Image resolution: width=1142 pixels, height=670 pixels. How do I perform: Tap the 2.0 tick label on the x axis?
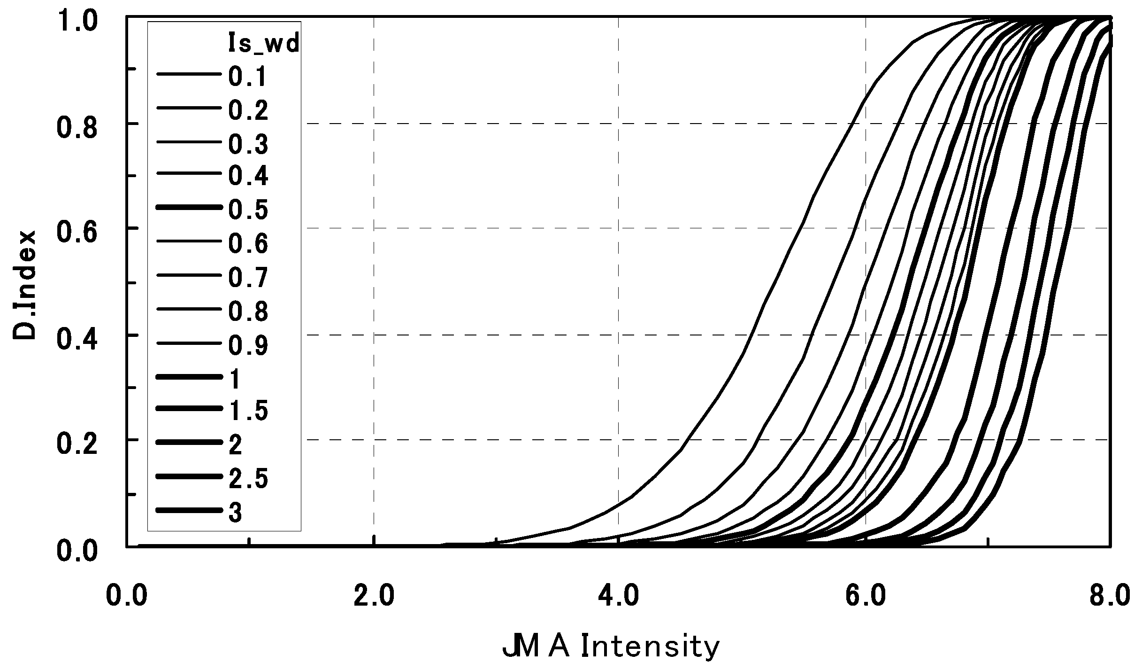click(374, 595)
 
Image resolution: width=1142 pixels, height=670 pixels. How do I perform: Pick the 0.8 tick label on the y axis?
click(77, 128)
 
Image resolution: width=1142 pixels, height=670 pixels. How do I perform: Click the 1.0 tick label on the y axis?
click(77, 22)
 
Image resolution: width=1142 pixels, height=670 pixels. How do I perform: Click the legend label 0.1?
click(247, 77)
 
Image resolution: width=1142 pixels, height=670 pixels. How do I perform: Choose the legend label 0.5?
click(248, 210)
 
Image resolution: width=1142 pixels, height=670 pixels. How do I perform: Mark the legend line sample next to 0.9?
click(189, 343)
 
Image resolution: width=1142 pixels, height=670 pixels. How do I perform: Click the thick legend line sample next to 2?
click(189, 443)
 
